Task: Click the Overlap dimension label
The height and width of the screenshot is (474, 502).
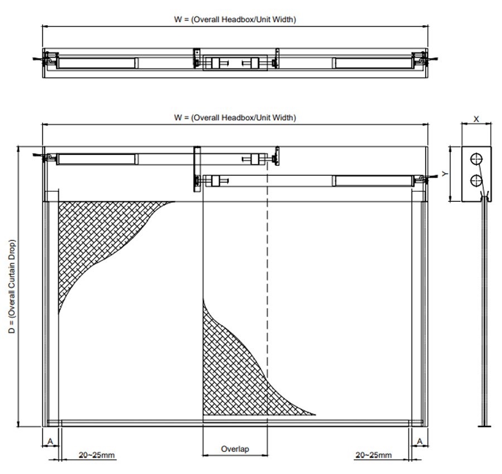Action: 235,449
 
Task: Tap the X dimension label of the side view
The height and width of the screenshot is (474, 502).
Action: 476,119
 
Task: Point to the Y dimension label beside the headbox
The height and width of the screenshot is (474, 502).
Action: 445,174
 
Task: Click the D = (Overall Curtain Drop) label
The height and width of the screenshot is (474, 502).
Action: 12,287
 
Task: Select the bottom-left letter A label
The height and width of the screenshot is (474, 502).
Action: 50,442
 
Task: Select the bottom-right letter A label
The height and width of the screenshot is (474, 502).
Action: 419,442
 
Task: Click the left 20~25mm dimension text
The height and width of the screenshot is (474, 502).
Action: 96,455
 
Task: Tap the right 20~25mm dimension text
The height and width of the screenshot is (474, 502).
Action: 374,455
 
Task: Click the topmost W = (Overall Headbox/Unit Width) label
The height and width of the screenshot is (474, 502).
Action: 235,20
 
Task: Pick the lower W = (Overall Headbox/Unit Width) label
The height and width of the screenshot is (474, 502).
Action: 235,118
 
